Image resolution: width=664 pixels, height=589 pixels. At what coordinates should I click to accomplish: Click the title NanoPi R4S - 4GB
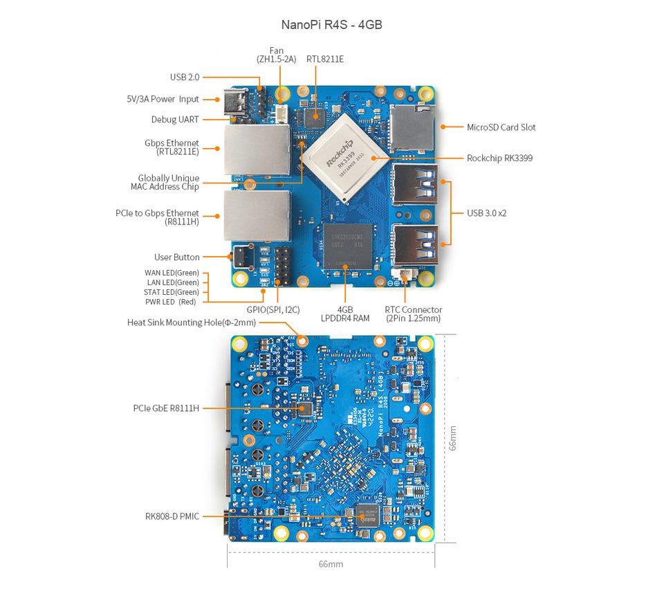click(x=331, y=25)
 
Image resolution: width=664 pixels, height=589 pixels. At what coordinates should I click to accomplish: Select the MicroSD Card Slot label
click(x=501, y=127)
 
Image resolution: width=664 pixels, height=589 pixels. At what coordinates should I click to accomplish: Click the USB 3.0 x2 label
click(x=486, y=213)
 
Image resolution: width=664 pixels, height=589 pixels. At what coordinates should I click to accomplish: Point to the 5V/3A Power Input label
click(x=163, y=99)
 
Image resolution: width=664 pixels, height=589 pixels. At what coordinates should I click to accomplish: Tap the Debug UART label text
click(x=175, y=120)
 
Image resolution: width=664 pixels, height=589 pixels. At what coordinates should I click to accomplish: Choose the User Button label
click(x=177, y=257)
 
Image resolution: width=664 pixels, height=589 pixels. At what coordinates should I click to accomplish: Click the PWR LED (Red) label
click(x=171, y=302)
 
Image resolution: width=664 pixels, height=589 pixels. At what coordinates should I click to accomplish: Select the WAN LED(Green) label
click(x=172, y=273)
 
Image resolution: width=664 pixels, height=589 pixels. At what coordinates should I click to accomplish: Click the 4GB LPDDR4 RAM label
click(x=345, y=314)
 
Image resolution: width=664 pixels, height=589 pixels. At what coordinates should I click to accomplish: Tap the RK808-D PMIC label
click(x=172, y=516)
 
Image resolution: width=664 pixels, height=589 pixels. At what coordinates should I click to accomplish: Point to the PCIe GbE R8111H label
click(x=166, y=408)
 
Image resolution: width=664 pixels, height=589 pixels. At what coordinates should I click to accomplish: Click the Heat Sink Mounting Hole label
click(x=192, y=323)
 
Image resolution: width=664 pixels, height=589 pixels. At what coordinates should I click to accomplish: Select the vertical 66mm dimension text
click(x=452, y=437)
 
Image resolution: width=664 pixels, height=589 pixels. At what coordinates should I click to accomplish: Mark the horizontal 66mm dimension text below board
click(x=331, y=564)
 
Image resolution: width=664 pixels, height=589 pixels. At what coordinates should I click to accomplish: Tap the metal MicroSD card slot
click(x=410, y=129)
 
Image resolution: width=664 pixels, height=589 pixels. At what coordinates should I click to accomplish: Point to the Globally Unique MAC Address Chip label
click(x=168, y=183)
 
